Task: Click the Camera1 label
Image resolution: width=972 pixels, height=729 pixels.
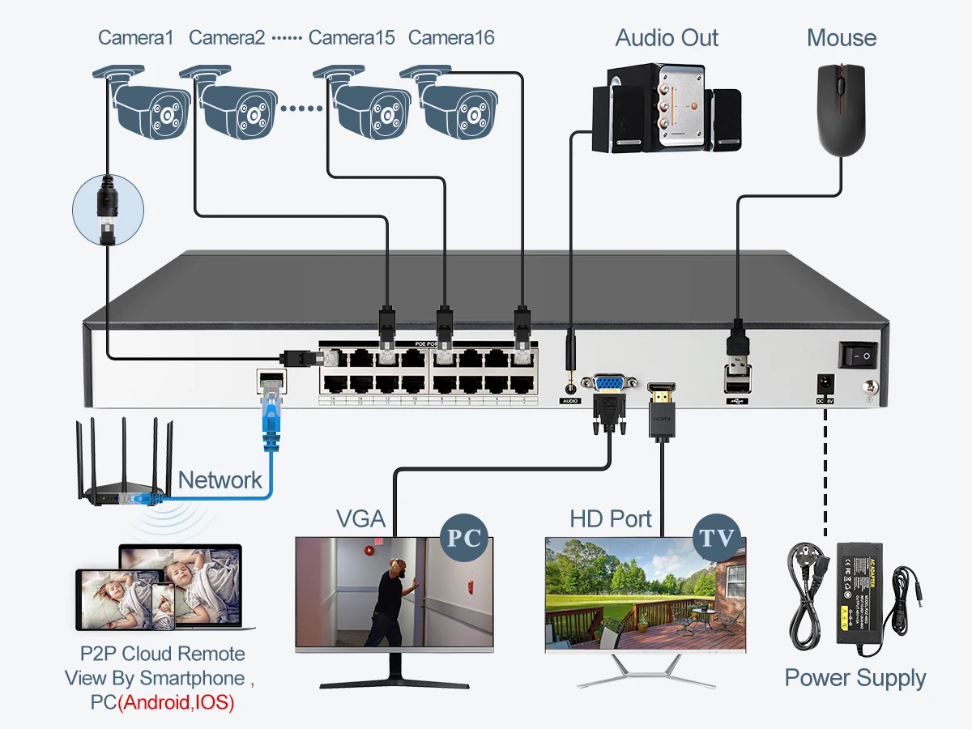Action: (135, 37)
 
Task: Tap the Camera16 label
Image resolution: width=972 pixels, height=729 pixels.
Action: (451, 37)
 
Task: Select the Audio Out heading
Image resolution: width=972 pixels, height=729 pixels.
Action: (667, 37)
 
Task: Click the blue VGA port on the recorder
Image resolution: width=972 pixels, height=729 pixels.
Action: (608, 383)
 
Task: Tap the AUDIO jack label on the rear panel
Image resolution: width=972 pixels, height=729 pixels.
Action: (571, 400)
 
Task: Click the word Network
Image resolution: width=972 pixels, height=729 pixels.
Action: (220, 480)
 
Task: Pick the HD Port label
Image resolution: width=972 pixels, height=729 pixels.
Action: (611, 518)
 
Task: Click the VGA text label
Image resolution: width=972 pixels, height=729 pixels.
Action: (360, 518)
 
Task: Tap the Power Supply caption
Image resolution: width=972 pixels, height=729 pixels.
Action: (855, 678)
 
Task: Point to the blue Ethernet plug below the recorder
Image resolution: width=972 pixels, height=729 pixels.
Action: (269, 417)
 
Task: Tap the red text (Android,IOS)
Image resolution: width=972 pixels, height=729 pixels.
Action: (176, 702)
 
